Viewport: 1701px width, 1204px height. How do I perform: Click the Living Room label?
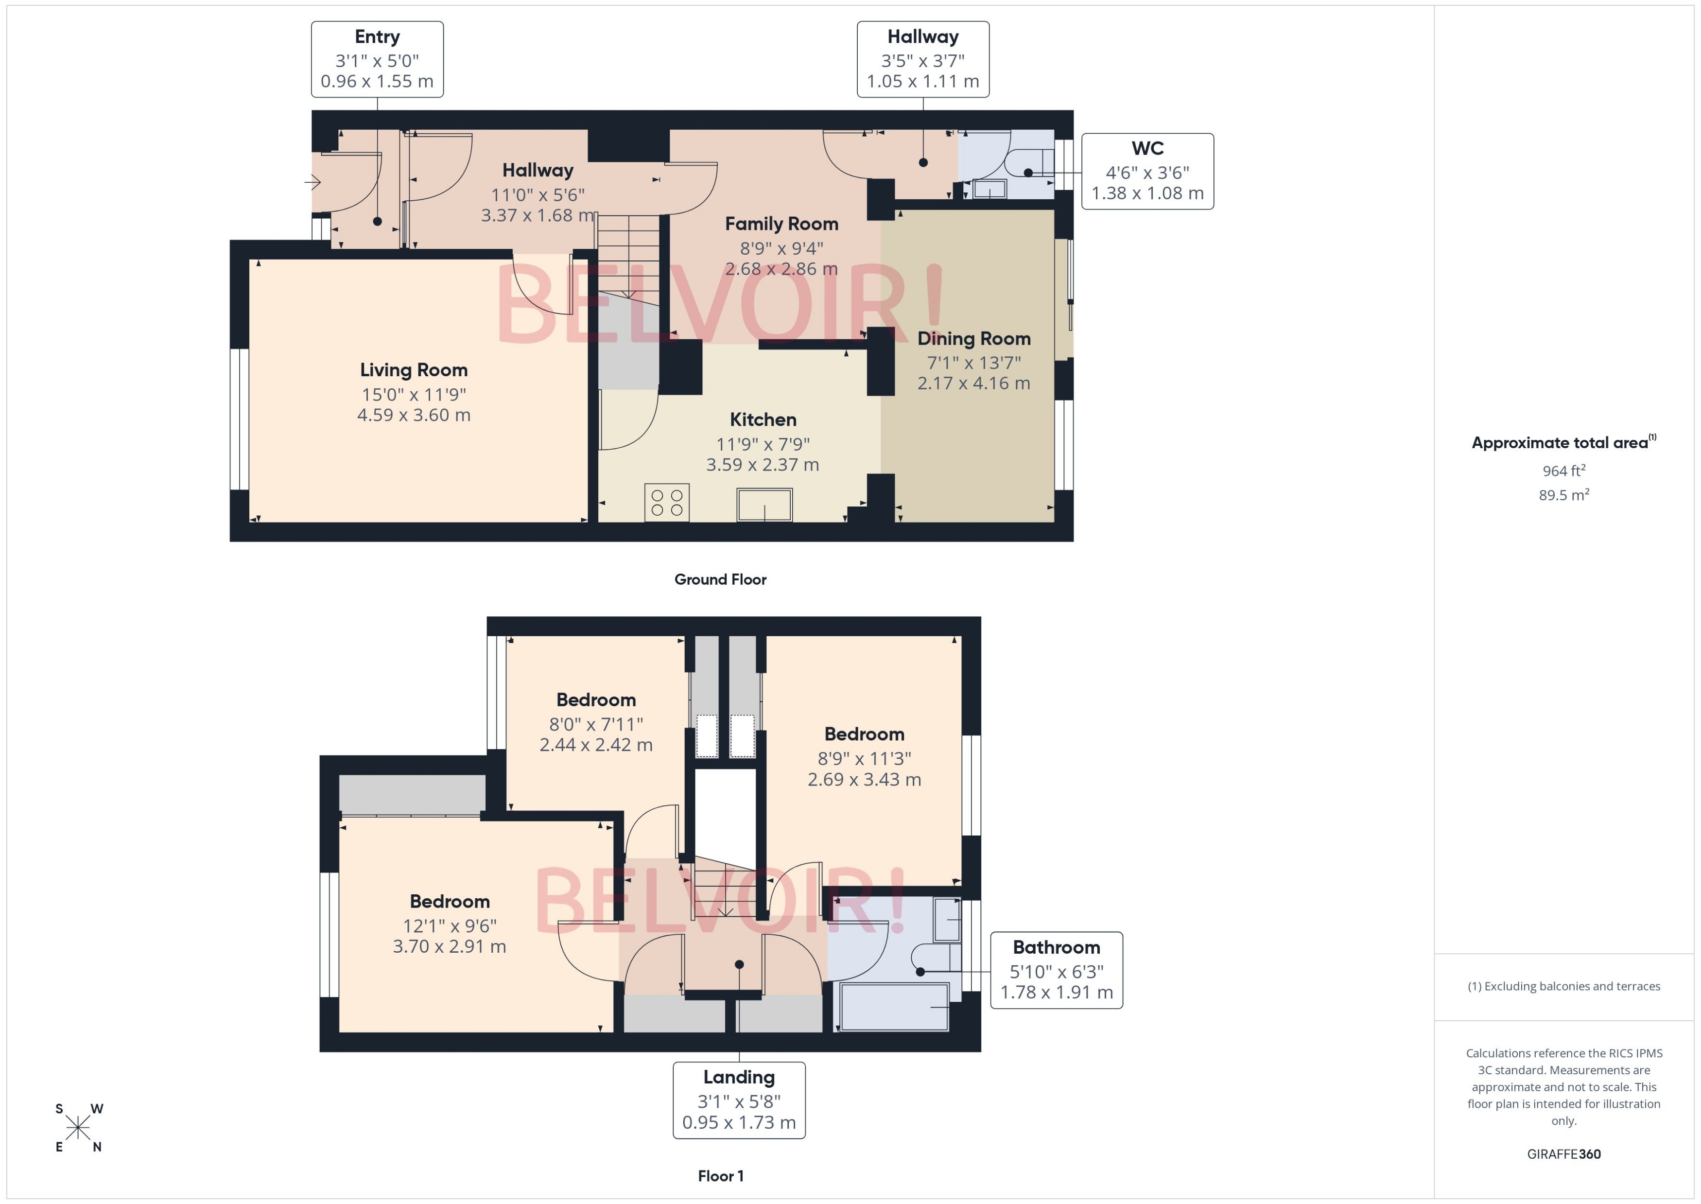414,370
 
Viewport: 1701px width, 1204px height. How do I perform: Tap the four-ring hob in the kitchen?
666,502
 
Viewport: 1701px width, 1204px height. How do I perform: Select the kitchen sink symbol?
764,505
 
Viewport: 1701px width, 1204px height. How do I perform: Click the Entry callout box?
377,59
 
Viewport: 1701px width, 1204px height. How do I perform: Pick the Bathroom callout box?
1056,970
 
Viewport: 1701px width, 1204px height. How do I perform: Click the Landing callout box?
738,1099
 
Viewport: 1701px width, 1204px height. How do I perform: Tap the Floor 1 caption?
720,1176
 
